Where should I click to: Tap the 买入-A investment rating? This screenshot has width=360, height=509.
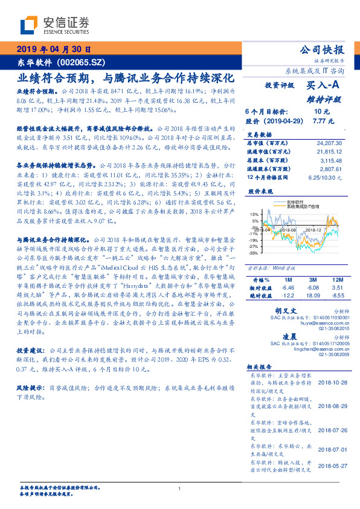[323, 86]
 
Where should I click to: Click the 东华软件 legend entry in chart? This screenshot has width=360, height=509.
[295, 203]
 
